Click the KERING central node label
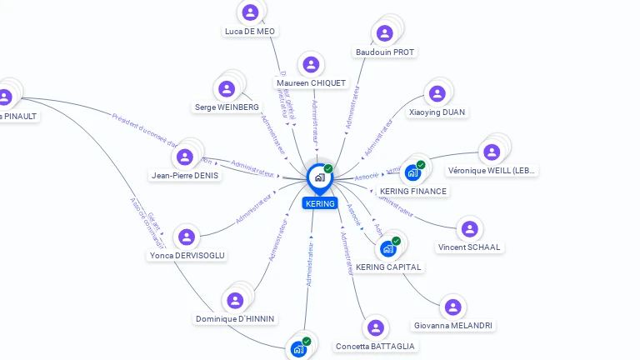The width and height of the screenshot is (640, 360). [x=320, y=203]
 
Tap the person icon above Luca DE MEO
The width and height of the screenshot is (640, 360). [x=249, y=12]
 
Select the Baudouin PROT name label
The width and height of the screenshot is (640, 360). [x=385, y=52]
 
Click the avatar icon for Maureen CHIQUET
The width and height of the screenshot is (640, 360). [x=311, y=64]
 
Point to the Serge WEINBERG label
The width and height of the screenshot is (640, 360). [x=227, y=107]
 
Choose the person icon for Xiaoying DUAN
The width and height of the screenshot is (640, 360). [x=437, y=93]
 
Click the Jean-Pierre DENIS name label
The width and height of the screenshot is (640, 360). [x=185, y=176]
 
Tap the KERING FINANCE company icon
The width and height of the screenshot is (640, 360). [x=412, y=172]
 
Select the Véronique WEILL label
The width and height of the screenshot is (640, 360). [x=492, y=171]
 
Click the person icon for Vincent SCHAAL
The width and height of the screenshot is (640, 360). [x=470, y=228]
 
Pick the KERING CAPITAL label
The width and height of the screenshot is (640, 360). [x=389, y=267]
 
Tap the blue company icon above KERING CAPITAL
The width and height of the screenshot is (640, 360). [x=388, y=247]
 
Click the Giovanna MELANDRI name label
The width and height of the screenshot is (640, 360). [x=452, y=326]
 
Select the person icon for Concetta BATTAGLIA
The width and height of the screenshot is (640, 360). [x=375, y=327]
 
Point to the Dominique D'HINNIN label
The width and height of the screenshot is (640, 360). [x=235, y=319]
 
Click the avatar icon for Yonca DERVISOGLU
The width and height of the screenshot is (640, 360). [x=187, y=237]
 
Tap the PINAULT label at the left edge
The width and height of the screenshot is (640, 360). [x=18, y=116]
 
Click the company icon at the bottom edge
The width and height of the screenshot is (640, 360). [x=299, y=349]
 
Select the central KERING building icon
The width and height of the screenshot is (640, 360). [x=319, y=177]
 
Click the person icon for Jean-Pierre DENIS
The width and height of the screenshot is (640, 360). [x=185, y=156]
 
